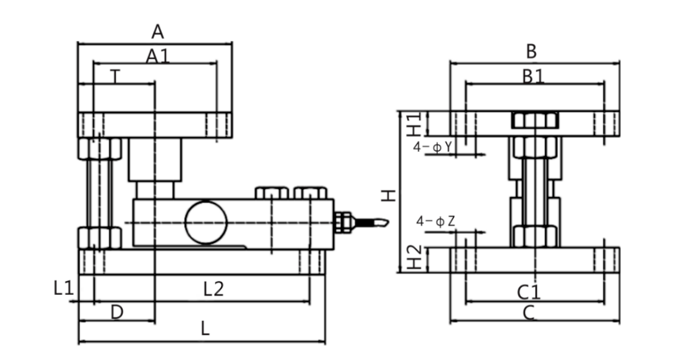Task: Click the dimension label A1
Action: [x=158, y=56]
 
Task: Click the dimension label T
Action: [x=116, y=76]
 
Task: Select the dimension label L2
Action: [x=213, y=290]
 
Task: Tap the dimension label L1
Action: [x=63, y=289]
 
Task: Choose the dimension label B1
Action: [x=533, y=76]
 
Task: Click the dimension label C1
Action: [x=529, y=291]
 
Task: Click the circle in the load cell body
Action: [x=206, y=222]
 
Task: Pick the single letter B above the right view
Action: [x=531, y=52]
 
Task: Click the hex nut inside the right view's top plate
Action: [x=534, y=120]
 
